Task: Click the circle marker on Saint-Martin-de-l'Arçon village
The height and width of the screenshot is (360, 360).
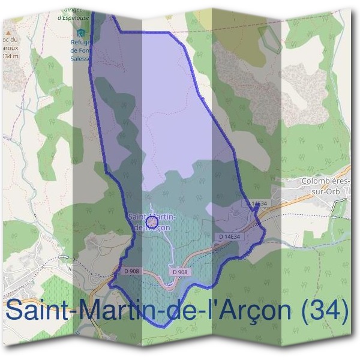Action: [152, 223]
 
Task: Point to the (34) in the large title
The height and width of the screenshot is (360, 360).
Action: [324, 311]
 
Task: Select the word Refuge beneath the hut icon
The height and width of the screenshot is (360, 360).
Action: [81, 43]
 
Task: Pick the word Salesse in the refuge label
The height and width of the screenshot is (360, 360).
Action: [82, 58]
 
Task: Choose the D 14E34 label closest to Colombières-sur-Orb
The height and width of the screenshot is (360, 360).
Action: [256, 204]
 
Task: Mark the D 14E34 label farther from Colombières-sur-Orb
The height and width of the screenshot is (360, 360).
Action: [229, 237]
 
